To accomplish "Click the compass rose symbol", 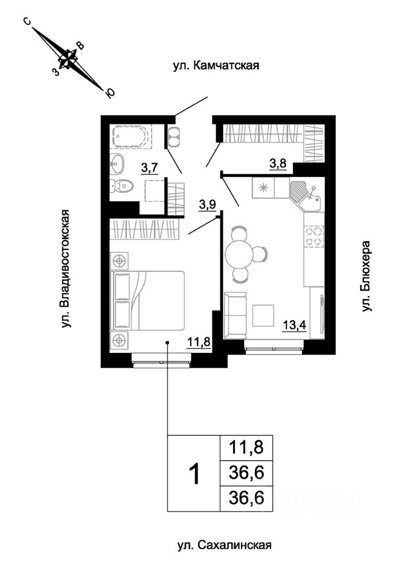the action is tap(68, 57).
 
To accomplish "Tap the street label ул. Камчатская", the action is tap(216, 66).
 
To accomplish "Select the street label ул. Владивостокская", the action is tap(66, 269).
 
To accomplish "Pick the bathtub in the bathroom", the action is tap(130, 137).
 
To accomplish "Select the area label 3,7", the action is tap(150, 167).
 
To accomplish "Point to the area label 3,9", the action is tap(207, 205).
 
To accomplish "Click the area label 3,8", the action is tap(277, 163).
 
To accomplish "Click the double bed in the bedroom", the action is tap(148, 300).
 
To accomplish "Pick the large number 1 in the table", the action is tap(194, 473).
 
